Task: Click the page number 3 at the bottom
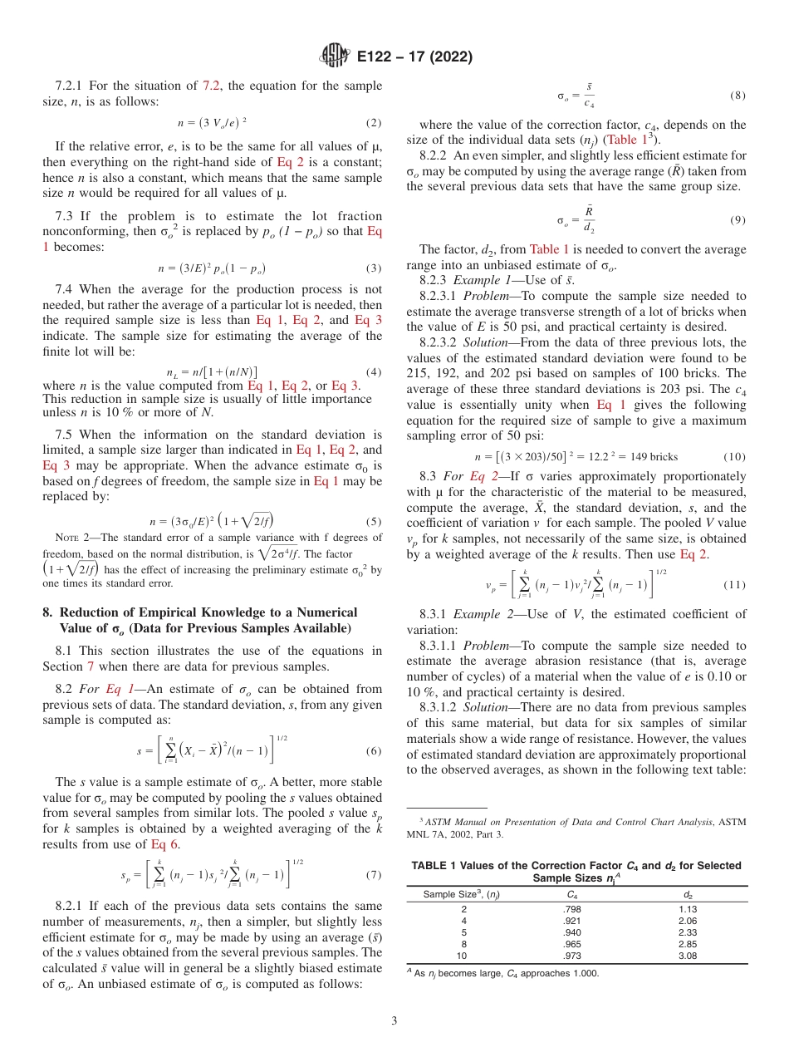coord(394,1019)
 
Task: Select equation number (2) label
coord(375,123)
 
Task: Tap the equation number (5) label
coord(375,522)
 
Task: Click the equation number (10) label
coord(734,457)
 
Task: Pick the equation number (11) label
coord(734,584)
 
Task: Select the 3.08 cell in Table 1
coord(686,956)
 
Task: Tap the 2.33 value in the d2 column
coord(686,932)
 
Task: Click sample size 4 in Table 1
coord(463,921)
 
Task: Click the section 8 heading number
coord(47,612)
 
